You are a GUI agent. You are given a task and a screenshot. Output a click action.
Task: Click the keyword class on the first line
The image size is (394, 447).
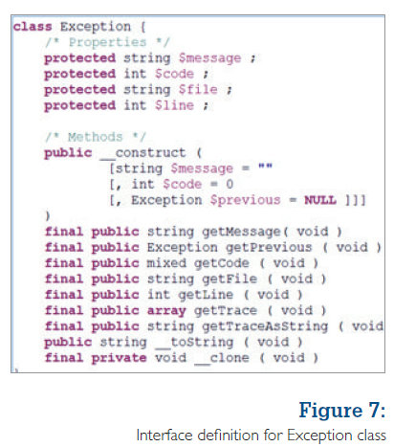[x=33, y=27]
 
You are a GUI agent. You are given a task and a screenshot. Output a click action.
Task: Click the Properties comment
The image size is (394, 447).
[x=107, y=42]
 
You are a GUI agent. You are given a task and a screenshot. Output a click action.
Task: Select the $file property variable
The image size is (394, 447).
[x=198, y=89]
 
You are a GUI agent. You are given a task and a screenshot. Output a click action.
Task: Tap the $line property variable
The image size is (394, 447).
[x=174, y=105]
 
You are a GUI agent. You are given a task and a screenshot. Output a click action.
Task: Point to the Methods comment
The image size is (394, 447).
[x=96, y=137]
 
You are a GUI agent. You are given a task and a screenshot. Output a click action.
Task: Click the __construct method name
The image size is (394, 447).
[x=142, y=153]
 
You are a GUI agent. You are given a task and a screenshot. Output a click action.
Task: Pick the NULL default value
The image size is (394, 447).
[x=320, y=200]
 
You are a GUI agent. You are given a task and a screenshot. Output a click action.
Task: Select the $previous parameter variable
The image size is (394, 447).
[x=245, y=200]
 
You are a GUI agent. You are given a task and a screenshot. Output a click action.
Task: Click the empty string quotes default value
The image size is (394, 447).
[x=265, y=166]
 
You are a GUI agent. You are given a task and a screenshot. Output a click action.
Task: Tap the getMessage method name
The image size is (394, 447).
[x=241, y=232]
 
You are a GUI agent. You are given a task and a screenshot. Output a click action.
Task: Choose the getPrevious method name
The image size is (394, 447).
[x=269, y=247]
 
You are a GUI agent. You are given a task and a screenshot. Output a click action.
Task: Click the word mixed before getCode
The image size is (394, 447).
[x=166, y=263]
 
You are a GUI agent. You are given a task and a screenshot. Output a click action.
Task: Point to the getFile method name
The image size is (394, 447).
[x=230, y=279]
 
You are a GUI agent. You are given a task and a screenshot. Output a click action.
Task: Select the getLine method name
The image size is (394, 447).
[x=206, y=295]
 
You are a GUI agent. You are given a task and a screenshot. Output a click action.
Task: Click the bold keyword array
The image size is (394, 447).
[x=166, y=311]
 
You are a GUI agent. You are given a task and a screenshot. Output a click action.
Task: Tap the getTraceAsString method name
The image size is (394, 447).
[x=265, y=326]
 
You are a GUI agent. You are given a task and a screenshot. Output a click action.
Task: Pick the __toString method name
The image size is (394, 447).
[x=194, y=343]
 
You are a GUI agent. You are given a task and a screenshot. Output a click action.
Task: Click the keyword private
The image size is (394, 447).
[x=119, y=358]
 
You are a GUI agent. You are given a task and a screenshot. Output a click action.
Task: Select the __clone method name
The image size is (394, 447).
[x=222, y=358]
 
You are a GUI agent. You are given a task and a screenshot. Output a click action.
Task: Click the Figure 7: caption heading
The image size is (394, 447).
[x=342, y=410]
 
